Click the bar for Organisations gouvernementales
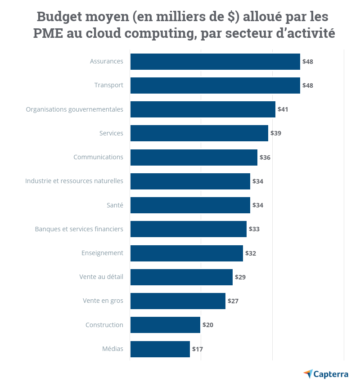pyautogui.click(x=202, y=109)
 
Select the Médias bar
pyautogui.click(x=160, y=349)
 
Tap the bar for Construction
pyautogui.click(x=165, y=325)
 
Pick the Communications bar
pyautogui.click(x=193, y=157)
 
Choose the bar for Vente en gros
pyautogui.click(x=178, y=301)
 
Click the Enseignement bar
pyautogui.click(x=186, y=253)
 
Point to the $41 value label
pyautogui.click(x=283, y=109)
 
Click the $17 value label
pyautogui.click(x=198, y=349)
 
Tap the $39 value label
pyautogui.click(x=276, y=133)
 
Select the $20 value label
pyautogui.click(x=208, y=325)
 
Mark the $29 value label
pyautogui.click(x=240, y=277)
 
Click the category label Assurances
pyautogui.click(x=106, y=61)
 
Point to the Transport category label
pyautogui.click(x=108, y=85)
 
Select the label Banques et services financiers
pyautogui.click(x=79, y=229)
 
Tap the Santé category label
pyautogui.click(x=114, y=205)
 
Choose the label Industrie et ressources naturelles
pyautogui.click(x=74, y=181)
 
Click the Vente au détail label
pyautogui.click(x=101, y=277)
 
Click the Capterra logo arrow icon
pyautogui.click(x=308, y=373)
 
